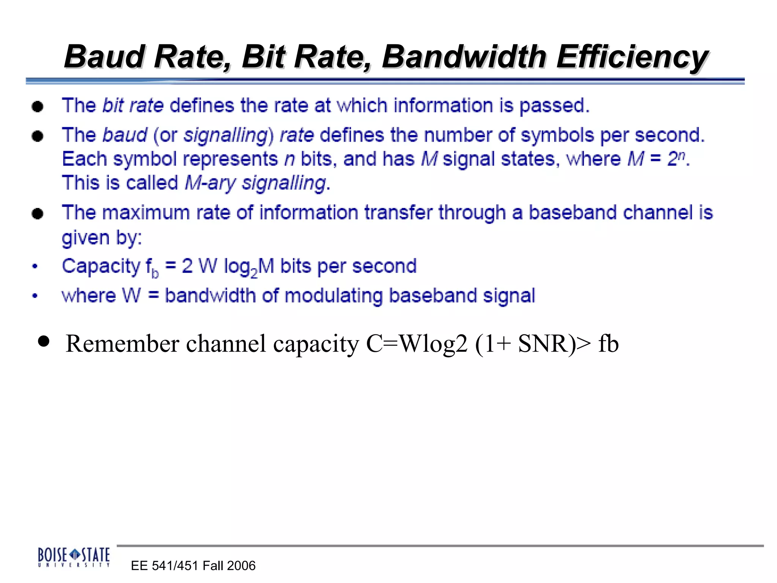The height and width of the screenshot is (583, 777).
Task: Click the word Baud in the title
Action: (x=105, y=57)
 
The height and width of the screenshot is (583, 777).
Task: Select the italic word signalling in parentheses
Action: (x=226, y=136)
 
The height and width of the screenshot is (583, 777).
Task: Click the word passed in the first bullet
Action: (x=554, y=106)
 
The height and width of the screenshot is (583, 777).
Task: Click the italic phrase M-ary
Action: (x=210, y=183)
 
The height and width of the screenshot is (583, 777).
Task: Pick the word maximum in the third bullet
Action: (x=146, y=213)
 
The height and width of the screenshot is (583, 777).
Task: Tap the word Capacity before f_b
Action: (x=101, y=266)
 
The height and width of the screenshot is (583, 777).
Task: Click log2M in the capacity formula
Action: (x=249, y=267)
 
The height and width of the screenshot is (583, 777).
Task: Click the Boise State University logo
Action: (x=74, y=557)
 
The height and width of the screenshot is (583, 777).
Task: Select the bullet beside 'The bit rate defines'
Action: (x=38, y=106)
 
